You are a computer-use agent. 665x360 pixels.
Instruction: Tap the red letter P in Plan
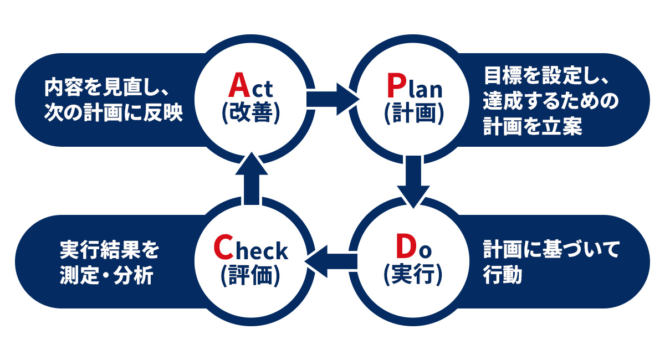point(397,86)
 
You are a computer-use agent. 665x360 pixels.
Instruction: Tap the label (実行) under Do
point(413,275)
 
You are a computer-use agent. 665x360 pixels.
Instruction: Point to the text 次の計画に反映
point(114,112)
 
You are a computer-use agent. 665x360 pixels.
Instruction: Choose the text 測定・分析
point(105,276)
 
